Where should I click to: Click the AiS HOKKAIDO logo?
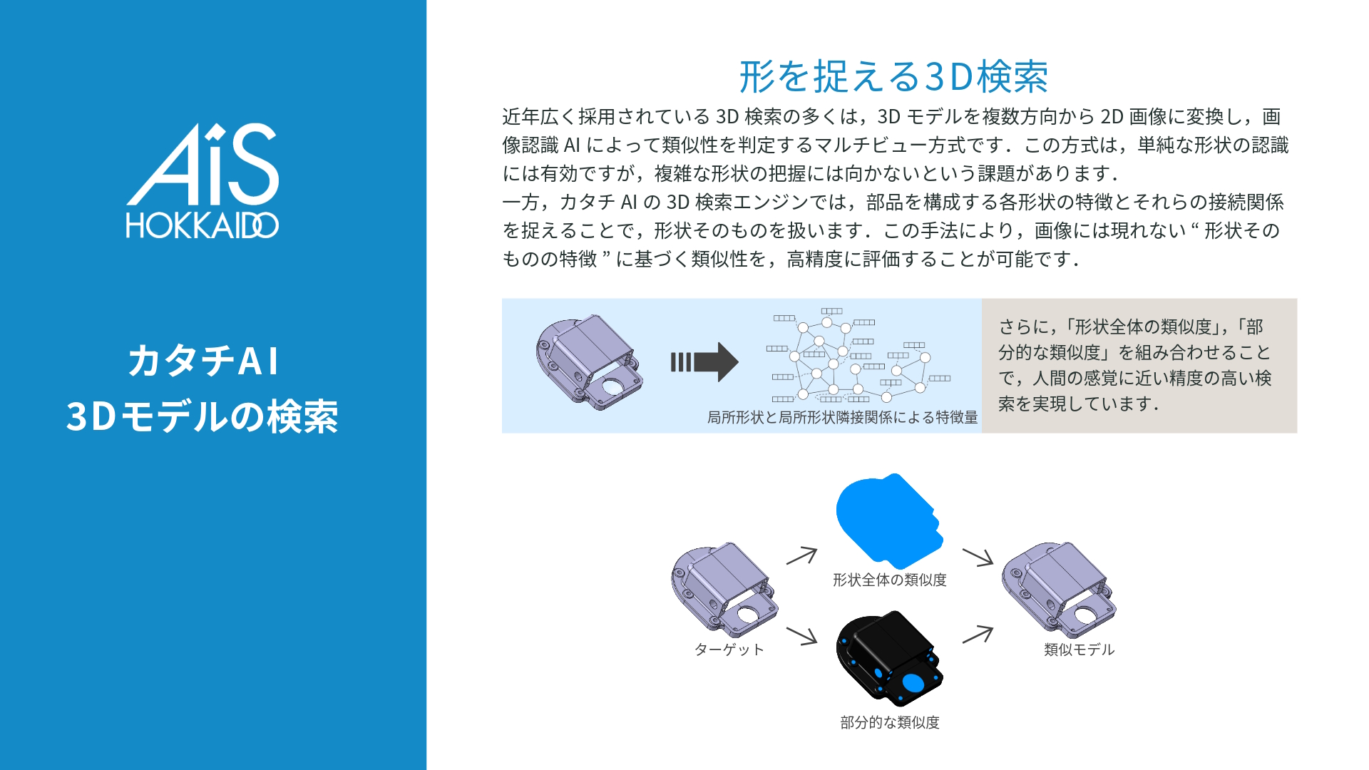[x=202, y=180]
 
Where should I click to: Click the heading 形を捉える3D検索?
[x=893, y=77]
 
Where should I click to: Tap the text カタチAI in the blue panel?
[x=203, y=361]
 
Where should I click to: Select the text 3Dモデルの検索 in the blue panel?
[x=202, y=417]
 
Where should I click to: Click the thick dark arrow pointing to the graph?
[x=704, y=362]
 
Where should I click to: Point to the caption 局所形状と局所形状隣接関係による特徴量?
[x=842, y=418]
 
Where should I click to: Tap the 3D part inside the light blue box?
[x=589, y=361]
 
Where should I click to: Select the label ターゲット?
[x=729, y=650]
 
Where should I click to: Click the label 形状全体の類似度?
[x=889, y=580]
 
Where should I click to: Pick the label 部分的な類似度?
[x=890, y=723]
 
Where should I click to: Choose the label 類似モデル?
[x=1079, y=650]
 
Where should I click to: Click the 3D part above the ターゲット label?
[x=724, y=588]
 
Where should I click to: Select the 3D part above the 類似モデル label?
[x=1059, y=588]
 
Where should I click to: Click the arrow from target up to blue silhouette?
[x=802, y=555]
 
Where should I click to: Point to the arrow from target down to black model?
[x=802, y=635]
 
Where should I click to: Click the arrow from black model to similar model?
[x=978, y=634]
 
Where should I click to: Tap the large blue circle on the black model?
[x=913, y=683]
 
